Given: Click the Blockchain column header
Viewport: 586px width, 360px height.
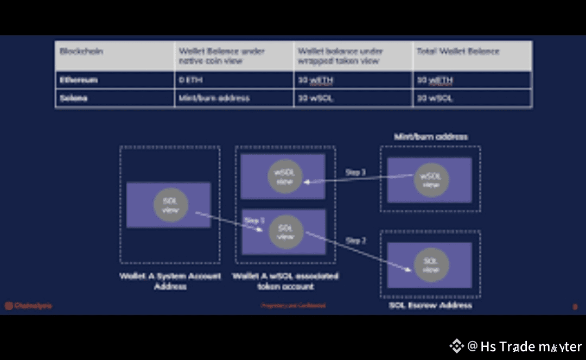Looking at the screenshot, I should (81, 52).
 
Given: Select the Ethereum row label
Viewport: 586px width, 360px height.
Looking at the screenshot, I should (79, 80).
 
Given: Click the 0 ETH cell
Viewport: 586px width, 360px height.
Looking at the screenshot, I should (189, 80).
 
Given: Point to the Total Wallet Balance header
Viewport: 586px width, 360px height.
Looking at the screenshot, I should (457, 52).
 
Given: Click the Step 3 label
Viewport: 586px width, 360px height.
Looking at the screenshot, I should (355, 173).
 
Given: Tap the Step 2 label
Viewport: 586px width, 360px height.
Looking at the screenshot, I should (355, 241).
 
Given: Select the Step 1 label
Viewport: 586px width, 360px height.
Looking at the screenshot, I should (254, 221).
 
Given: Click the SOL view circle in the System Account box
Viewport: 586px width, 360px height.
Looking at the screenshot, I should (171, 205).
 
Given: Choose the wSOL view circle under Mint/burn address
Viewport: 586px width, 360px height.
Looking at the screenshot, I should (431, 180).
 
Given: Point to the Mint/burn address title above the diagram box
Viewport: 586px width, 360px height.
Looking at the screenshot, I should (431, 137).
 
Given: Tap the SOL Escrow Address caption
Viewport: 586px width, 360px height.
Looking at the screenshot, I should (431, 305).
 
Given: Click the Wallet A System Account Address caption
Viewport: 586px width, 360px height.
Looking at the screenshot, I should (170, 281).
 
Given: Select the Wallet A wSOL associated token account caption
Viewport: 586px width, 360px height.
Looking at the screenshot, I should (285, 281).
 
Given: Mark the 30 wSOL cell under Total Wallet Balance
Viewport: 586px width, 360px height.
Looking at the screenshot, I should (435, 98).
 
